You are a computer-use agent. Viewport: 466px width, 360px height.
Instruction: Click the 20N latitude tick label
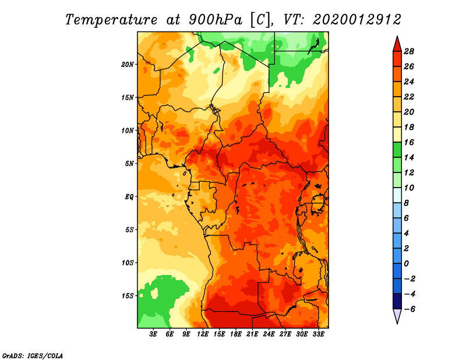pyautogui.click(x=128, y=65)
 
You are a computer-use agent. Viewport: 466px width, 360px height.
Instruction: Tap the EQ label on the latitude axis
pyautogui.click(x=129, y=197)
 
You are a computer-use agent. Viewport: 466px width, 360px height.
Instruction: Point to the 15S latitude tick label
pyautogui.click(x=128, y=296)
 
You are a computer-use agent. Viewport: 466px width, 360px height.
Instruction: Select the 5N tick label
pyautogui.click(x=129, y=164)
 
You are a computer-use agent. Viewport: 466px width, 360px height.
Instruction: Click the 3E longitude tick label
pyautogui.click(x=153, y=334)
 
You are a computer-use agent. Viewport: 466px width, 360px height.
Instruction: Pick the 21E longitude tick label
pyautogui.click(x=252, y=334)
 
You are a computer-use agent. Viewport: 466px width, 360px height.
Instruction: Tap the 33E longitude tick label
pyautogui.click(x=318, y=334)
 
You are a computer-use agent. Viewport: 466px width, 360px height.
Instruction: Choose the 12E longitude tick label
pyautogui.click(x=203, y=334)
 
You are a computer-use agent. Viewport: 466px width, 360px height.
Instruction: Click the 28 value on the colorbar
pyautogui.click(x=409, y=51)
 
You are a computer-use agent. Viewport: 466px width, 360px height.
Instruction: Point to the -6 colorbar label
pyautogui.click(x=409, y=309)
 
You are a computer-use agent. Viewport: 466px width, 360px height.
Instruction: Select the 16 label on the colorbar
pyautogui.click(x=409, y=142)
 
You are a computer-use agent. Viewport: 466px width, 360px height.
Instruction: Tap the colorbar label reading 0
pyautogui.click(x=406, y=264)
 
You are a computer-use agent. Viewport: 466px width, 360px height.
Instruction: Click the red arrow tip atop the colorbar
pyautogui.click(x=397, y=37)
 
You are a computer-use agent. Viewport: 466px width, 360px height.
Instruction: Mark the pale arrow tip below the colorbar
pyautogui.click(x=397, y=323)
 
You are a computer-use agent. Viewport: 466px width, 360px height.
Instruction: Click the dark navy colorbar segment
pyautogui.click(x=397, y=301)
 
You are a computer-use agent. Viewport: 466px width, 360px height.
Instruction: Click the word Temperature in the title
pyautogui.click(x=111, y=20)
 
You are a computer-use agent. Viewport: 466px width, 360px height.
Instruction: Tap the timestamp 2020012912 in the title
pyautogui.click(x=356, y=20)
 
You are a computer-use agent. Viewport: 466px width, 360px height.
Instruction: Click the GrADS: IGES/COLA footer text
pyautogui.click(x=33, y=356)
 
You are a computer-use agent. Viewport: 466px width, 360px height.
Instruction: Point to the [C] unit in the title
pyautogui.click(x=260, y=20)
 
